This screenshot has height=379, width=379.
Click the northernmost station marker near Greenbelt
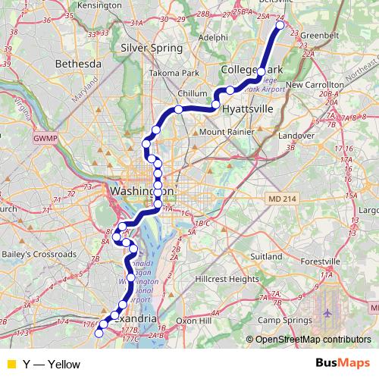(280, 25)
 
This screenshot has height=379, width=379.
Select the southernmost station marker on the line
(99, 333)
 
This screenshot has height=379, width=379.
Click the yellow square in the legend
(11, 365)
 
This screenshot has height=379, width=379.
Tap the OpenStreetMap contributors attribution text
(313, 340)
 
